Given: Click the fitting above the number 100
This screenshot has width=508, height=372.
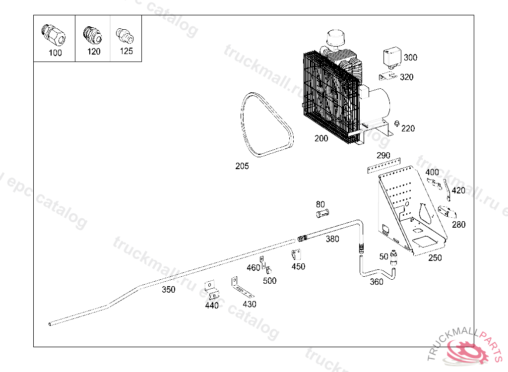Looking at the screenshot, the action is (54, 35).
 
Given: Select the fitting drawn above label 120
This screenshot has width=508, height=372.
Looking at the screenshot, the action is (93, 35).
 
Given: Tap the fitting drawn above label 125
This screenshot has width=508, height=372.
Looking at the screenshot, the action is (125, 36).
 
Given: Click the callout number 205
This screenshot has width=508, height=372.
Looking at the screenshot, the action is (242, 166).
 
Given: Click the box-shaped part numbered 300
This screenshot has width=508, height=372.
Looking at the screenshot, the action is (392, 58).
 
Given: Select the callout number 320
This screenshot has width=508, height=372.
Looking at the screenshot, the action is (407, 77).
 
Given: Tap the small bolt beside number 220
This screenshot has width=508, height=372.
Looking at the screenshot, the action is (396, 124).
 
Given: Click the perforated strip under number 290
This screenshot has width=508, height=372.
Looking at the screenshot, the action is (384, 166).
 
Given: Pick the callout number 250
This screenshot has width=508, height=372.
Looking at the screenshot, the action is (435, 257).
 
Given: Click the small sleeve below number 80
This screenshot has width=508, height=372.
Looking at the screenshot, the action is (322, 213).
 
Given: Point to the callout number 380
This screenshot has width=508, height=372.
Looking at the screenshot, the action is (332, 239).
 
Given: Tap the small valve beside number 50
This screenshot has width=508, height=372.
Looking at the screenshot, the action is (393, 258).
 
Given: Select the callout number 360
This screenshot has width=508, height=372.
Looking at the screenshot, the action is (377, 282).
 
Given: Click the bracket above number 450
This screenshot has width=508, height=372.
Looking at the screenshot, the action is (297, 254).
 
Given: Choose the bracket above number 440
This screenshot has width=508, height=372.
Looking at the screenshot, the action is (211, 290).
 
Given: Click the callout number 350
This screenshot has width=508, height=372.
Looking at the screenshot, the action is (169, 289).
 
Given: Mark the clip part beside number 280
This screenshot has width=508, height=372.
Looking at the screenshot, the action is (447, 212).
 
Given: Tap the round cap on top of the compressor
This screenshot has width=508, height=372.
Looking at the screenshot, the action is (335, 38).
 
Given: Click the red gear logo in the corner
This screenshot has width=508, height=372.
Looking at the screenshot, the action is (466, 351).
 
